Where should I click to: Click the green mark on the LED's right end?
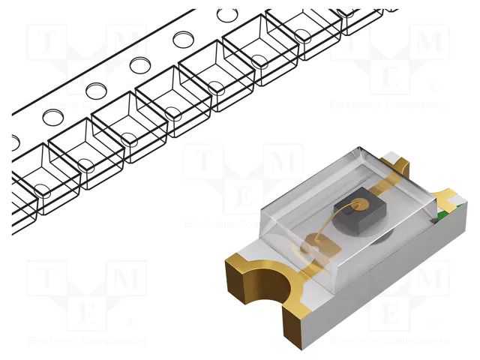[x=442, y=217]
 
